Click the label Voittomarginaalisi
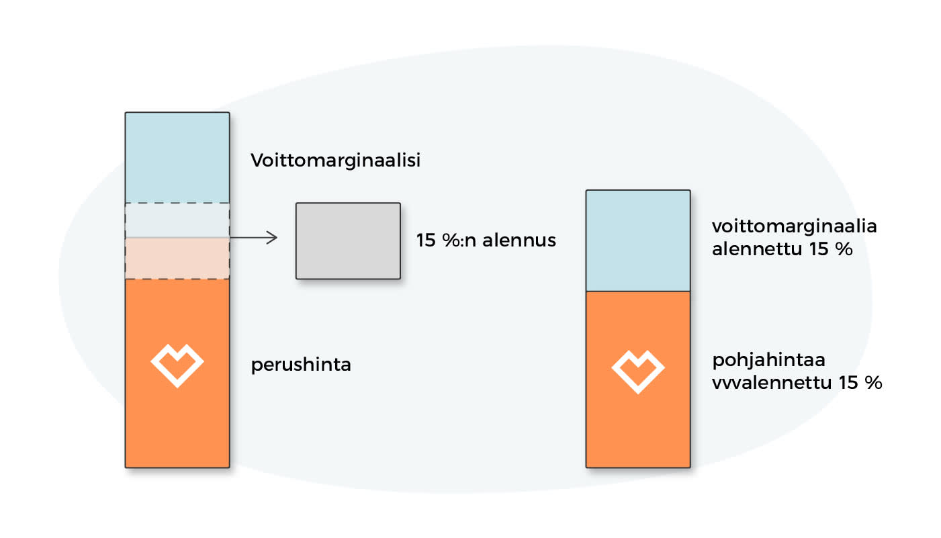(335, 161)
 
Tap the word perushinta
(301, 365)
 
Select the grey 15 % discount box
(348, 241)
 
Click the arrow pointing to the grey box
(254, 238)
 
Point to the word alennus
(519, 240)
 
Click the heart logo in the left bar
(177, 365)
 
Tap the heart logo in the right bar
(638, 371)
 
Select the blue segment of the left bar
(177, 158)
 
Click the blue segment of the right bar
(638, 240)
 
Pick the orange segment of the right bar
(638, 379)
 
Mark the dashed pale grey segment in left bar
(177, 220)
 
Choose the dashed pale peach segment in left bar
(177, 259)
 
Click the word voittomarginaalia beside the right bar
(795, 227)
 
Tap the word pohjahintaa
(769, 361)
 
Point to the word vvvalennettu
(772, 383)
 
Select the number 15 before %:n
(426, 240)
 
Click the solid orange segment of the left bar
(177, 373)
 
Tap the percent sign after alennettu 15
(844, 249)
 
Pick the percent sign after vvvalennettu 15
(873, 383)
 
